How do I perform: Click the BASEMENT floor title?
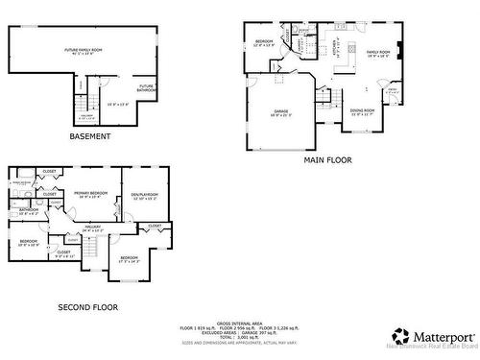[90, 136]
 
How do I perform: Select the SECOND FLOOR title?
[85, 308]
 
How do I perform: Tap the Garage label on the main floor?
[280, 112]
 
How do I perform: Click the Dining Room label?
[362, 111]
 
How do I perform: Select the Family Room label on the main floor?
[378, 52]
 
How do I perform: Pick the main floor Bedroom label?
[264, 41]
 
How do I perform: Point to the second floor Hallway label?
[93, 228]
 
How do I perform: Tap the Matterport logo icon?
[397, 337]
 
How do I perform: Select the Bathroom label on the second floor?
[28, 210]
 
